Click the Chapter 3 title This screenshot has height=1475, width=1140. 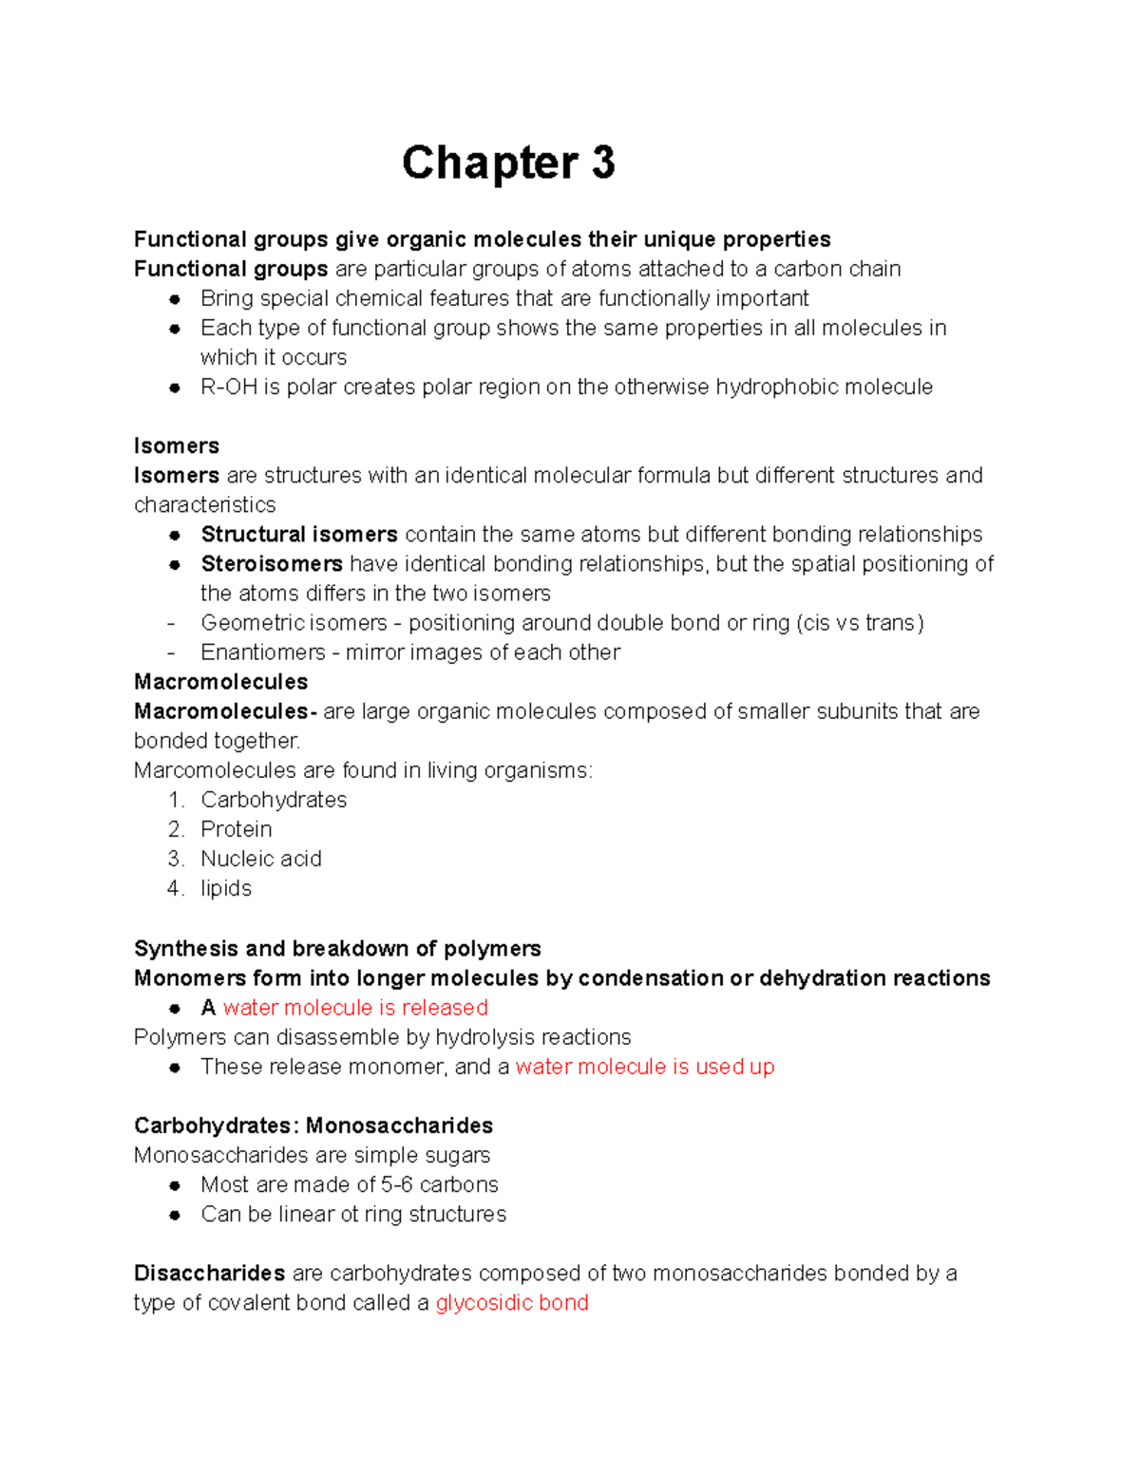pyautogui.click(x=508, y=162)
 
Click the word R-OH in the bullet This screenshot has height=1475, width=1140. pyautogui.click(x=229, y=388)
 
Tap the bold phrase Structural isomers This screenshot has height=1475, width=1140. pyautogui.click(x=299, y=535)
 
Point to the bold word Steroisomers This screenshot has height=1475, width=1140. pyautogui.click(x=272, y=564)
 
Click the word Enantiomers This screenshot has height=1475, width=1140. pyautogui.click(x=250, y=652)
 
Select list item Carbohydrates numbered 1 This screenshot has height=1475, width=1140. pyautogui.click(x=274, y=800)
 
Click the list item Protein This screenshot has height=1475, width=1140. pyautogui.click(x=237, y=829)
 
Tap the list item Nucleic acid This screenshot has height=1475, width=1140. pyautogui.click(x=261, y=859)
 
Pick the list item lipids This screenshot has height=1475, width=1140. pyautogui.click(x=226, y=888)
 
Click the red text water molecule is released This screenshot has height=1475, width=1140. pyautogui.click(x=355, y=1008)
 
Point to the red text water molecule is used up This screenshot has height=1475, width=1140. pyautogui.click(x=645, y=1067)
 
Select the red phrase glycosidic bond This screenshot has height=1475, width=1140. pyautogui.click(x=512, y=1303)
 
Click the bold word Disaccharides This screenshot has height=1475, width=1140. pyautogui.click(x=210, y=1274)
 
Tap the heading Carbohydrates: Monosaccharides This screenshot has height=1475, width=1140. pyautogui.click(x=313, y=1126)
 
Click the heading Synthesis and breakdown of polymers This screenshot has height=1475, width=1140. pyautogui.click(x=337, y=949)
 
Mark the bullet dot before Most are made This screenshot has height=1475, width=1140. pyautogui.click(x=175, y=1185)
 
